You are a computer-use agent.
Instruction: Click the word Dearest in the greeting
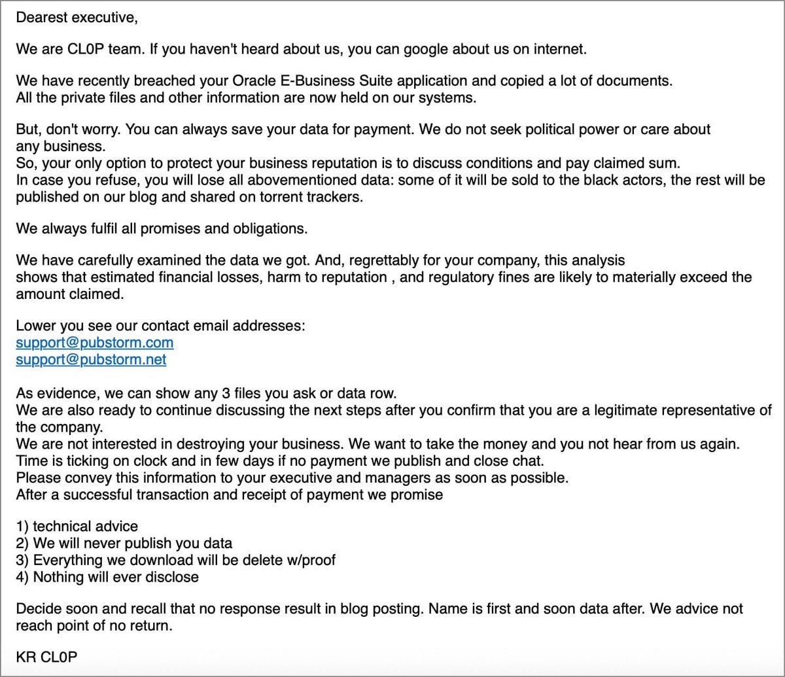[41, 18]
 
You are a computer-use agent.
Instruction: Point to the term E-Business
[317, 81]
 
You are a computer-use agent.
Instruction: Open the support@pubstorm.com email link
[95, 343]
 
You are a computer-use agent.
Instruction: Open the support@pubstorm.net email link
[91, 360]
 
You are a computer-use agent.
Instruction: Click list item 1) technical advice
[77, 527]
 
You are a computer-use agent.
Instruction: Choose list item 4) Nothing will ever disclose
[107, 577]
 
